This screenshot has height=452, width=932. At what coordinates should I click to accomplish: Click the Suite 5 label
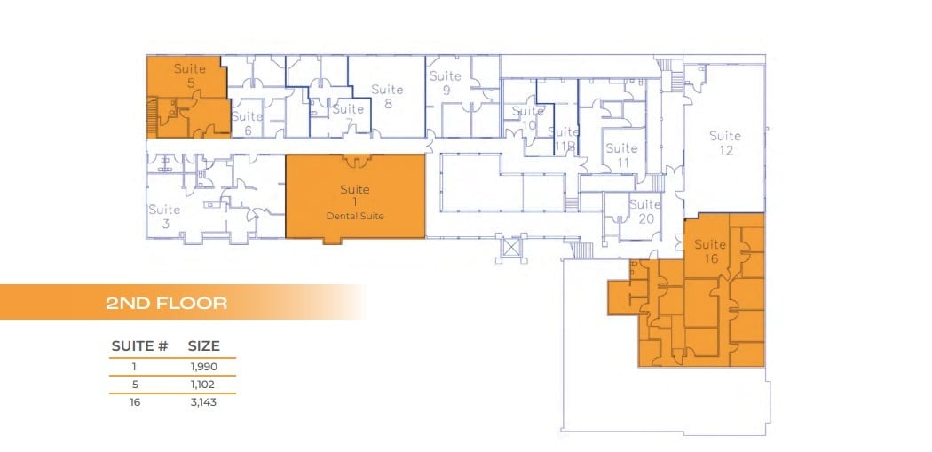190,75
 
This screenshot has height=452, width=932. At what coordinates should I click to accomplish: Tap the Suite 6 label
248,123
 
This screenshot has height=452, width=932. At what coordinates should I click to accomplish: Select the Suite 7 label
347,115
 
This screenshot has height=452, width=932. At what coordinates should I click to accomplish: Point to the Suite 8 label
387,96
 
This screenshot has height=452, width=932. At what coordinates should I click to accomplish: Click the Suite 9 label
446,83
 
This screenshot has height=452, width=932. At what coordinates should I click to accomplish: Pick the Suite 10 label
528,118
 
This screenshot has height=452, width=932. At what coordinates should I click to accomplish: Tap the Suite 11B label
565,138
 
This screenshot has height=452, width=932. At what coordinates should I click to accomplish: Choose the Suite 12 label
725,143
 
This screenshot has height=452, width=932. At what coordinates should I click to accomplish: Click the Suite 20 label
645,211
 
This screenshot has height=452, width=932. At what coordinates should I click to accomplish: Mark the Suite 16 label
710,251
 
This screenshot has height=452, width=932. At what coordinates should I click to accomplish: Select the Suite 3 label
165,217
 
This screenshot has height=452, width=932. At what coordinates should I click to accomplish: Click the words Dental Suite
355,217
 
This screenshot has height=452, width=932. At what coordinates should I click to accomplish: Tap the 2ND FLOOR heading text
167,303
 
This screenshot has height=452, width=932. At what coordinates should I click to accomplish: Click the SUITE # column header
140,345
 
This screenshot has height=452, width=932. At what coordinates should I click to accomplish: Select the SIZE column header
204,345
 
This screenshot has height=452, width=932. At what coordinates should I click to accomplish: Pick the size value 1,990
204,366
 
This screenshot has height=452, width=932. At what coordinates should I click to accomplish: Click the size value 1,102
204,384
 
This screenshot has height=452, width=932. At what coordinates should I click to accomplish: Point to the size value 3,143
204,402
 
